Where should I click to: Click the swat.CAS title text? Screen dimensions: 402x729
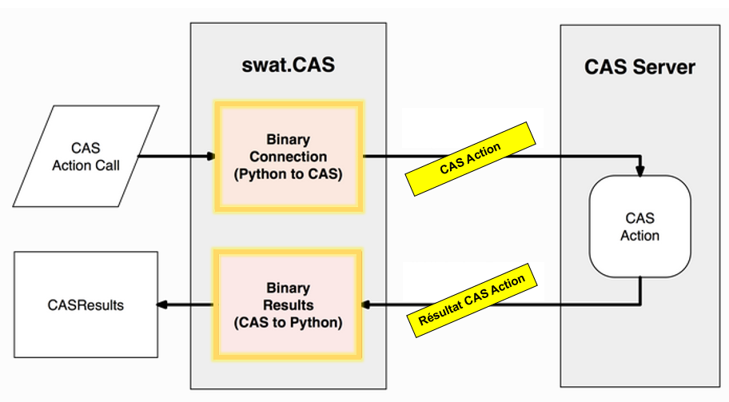point(288,66)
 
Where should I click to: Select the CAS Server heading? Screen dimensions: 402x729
point(639,66)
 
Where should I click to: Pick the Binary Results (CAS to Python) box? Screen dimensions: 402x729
point(287,304)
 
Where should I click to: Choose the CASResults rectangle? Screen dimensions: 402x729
point(86,304)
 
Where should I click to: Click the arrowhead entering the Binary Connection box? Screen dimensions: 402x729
point(209,157)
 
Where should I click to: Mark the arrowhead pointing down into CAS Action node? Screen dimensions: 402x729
point(640,171)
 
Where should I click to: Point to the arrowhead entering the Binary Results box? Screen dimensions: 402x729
point(368,304)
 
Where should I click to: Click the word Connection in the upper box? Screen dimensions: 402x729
point(289,157)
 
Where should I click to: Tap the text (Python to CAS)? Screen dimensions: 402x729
point(289,173)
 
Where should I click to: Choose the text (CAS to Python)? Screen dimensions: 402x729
point(287,323)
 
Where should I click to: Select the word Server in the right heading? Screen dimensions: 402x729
point(666,66)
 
